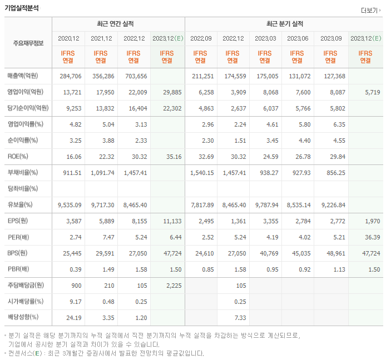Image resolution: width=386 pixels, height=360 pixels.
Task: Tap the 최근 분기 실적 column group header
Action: coord(285,24)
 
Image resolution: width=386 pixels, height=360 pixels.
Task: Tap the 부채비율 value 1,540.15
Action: coord(201,173)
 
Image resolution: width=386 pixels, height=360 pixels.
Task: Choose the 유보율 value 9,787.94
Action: coord(266,205)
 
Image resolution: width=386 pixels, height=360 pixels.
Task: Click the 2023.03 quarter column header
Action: coord(265,38)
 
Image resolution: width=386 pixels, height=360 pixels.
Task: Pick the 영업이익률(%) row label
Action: coord(26,124)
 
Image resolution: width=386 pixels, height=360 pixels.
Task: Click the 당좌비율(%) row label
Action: coord(23,189)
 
